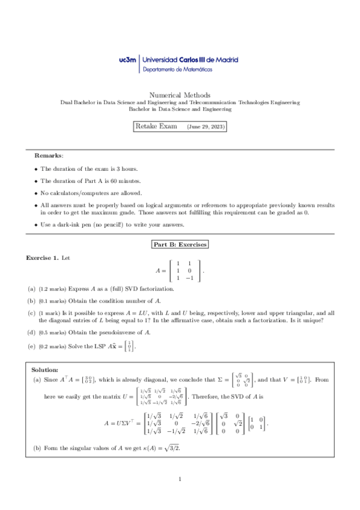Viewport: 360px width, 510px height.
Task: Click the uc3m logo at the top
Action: [x=127, y=60]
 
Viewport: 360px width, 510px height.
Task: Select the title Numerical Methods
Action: [x=180, y=95]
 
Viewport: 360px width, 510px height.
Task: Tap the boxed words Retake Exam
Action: [x=156, y=127]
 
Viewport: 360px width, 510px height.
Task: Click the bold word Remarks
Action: [x=49, y=155]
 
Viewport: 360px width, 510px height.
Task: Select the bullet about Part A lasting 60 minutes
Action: [x=90, y=181]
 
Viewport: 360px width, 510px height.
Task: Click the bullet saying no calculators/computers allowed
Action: [x=91, y=193]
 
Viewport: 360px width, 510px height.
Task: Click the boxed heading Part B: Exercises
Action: [x=180, y=245]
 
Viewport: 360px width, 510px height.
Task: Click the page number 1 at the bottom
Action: [x=180, y=479]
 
